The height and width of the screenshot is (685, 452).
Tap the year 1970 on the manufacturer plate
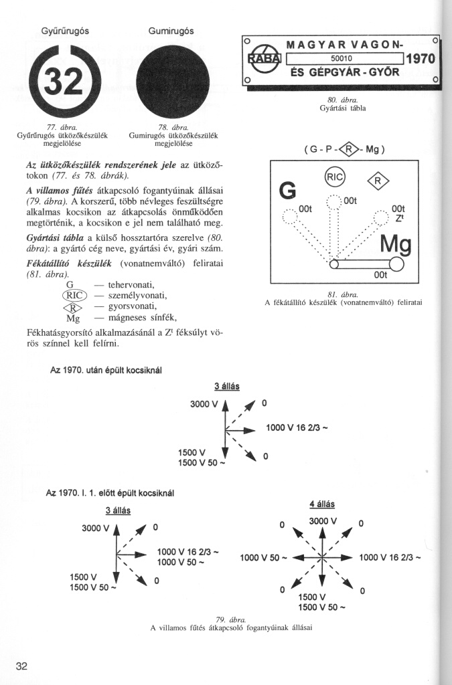[x=421, y=60]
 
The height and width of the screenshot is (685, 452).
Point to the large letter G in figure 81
[x=288, y=191]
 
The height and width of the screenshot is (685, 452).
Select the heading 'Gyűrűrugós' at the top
[x=61, y=31]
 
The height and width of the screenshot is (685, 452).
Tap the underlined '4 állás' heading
[x=322, y=504]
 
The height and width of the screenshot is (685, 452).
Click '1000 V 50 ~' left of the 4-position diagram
[x=264, y=557]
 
